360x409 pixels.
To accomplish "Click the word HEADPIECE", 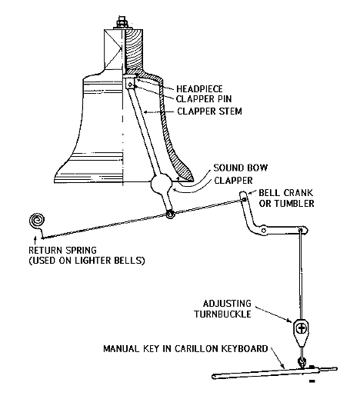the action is (x=199, y=88).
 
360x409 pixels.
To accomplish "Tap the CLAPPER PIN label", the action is (x=204, y=99).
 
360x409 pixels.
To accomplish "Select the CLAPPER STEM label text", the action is (x=209, y=111).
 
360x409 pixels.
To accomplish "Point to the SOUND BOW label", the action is (x=241, y=168).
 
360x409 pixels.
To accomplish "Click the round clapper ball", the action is (x=162, y=184).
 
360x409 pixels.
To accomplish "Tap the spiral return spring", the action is (x=37, y=221).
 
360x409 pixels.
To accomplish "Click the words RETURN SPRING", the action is (x=62, y=250).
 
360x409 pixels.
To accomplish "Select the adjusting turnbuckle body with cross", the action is (x=302, y=329).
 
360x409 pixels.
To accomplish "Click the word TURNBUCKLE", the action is (x=222, y=314).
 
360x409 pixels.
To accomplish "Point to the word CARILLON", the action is (x=196, y=349).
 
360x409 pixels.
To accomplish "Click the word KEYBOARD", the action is (x=245, y=349).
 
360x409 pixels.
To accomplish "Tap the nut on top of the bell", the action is (x=121, y=22).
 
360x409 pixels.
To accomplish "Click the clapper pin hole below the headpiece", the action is (x=130, y=85).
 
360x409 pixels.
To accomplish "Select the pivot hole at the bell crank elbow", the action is (x=264, y=231).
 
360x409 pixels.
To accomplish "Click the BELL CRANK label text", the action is (x=285, y=193).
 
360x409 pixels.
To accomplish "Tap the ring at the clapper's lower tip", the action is (x=170, y=214).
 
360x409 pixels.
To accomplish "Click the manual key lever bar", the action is (x=274, y=372).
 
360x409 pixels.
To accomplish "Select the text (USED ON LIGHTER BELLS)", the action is (x=87, y=261).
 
